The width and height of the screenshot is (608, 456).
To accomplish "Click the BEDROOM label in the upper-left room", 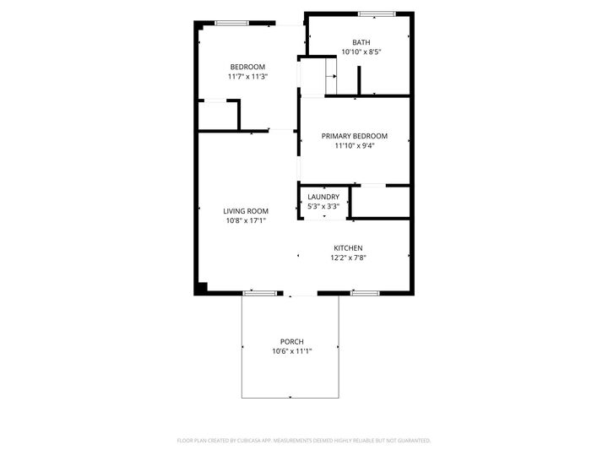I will pyautogui.click(x=247, y=67).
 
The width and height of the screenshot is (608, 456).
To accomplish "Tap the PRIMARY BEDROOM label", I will pyautogui.click(x=355, y=136).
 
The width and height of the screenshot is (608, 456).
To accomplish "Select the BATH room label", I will pyautogui.click(x=361, y=42).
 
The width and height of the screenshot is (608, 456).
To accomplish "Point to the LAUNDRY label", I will pyautogui.click(x=323, y=197).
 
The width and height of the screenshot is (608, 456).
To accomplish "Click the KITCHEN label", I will pyautogui.click(x=348, y=248).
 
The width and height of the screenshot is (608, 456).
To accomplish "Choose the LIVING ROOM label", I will pyautogui.click(x=246, y=211).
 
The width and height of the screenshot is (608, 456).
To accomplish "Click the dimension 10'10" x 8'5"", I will pyautogui.click(x=361, y=52).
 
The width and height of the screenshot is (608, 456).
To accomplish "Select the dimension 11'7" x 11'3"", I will pyautogui.click(x=247, y=77).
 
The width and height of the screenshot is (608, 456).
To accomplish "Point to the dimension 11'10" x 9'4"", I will pyautogui.click(x=355, y=146).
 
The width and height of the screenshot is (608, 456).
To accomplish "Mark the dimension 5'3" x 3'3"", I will pyautogui.click(x=323, y=206).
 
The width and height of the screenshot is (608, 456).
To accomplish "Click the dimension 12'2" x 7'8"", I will pyautogui.click(x=348, y=258).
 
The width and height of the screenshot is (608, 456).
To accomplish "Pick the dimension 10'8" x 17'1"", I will pyautogui.click(x=246, y=221).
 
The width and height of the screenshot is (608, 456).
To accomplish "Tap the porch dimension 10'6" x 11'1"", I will pyautogui.click(x=292, y=351).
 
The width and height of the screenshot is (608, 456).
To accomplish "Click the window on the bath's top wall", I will pyautogui.click(x=377, y=14).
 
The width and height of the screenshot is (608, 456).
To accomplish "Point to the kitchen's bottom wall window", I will pyautogui.click(x=364, y=293).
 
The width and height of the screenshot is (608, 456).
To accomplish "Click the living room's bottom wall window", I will pyautogui.click(x=260, y=293).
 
